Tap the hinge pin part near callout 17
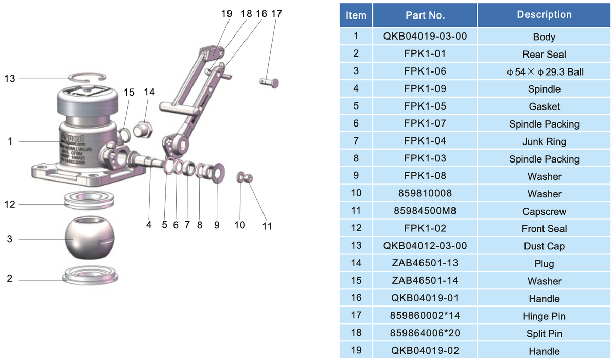coord(269,81)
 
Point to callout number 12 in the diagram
coord(10,204)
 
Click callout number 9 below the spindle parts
coord(217,225)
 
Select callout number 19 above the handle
coord(226,14)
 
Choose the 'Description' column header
coord(544,15)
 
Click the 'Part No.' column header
coord(425,15)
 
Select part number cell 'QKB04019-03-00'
coord(425,37)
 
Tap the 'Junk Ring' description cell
coord(544,141)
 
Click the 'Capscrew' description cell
coord(544,211)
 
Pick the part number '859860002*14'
coord(425,316)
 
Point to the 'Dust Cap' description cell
coord(544,246)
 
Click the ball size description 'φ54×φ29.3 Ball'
coord(544,71)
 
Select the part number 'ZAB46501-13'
coord(425,263)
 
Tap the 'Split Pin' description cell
coord(544,333)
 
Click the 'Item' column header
coord(356,15)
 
